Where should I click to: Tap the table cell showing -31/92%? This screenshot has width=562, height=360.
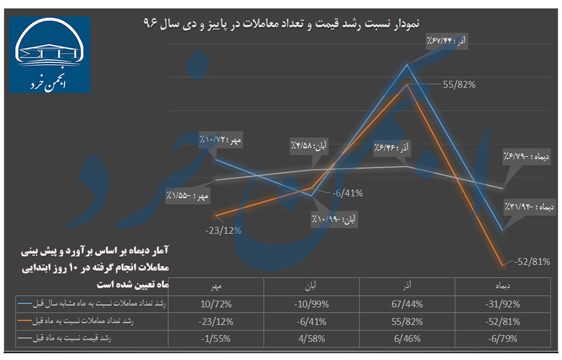500,305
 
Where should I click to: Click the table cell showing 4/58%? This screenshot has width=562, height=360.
312,339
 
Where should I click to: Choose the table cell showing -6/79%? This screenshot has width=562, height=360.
500,339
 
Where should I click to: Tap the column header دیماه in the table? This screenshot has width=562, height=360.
500,286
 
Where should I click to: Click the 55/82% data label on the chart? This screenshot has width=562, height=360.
459,85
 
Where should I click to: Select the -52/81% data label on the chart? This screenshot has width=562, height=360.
531,262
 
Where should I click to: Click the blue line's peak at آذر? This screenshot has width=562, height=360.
407,64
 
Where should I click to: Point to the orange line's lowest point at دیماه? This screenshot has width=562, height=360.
502,265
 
